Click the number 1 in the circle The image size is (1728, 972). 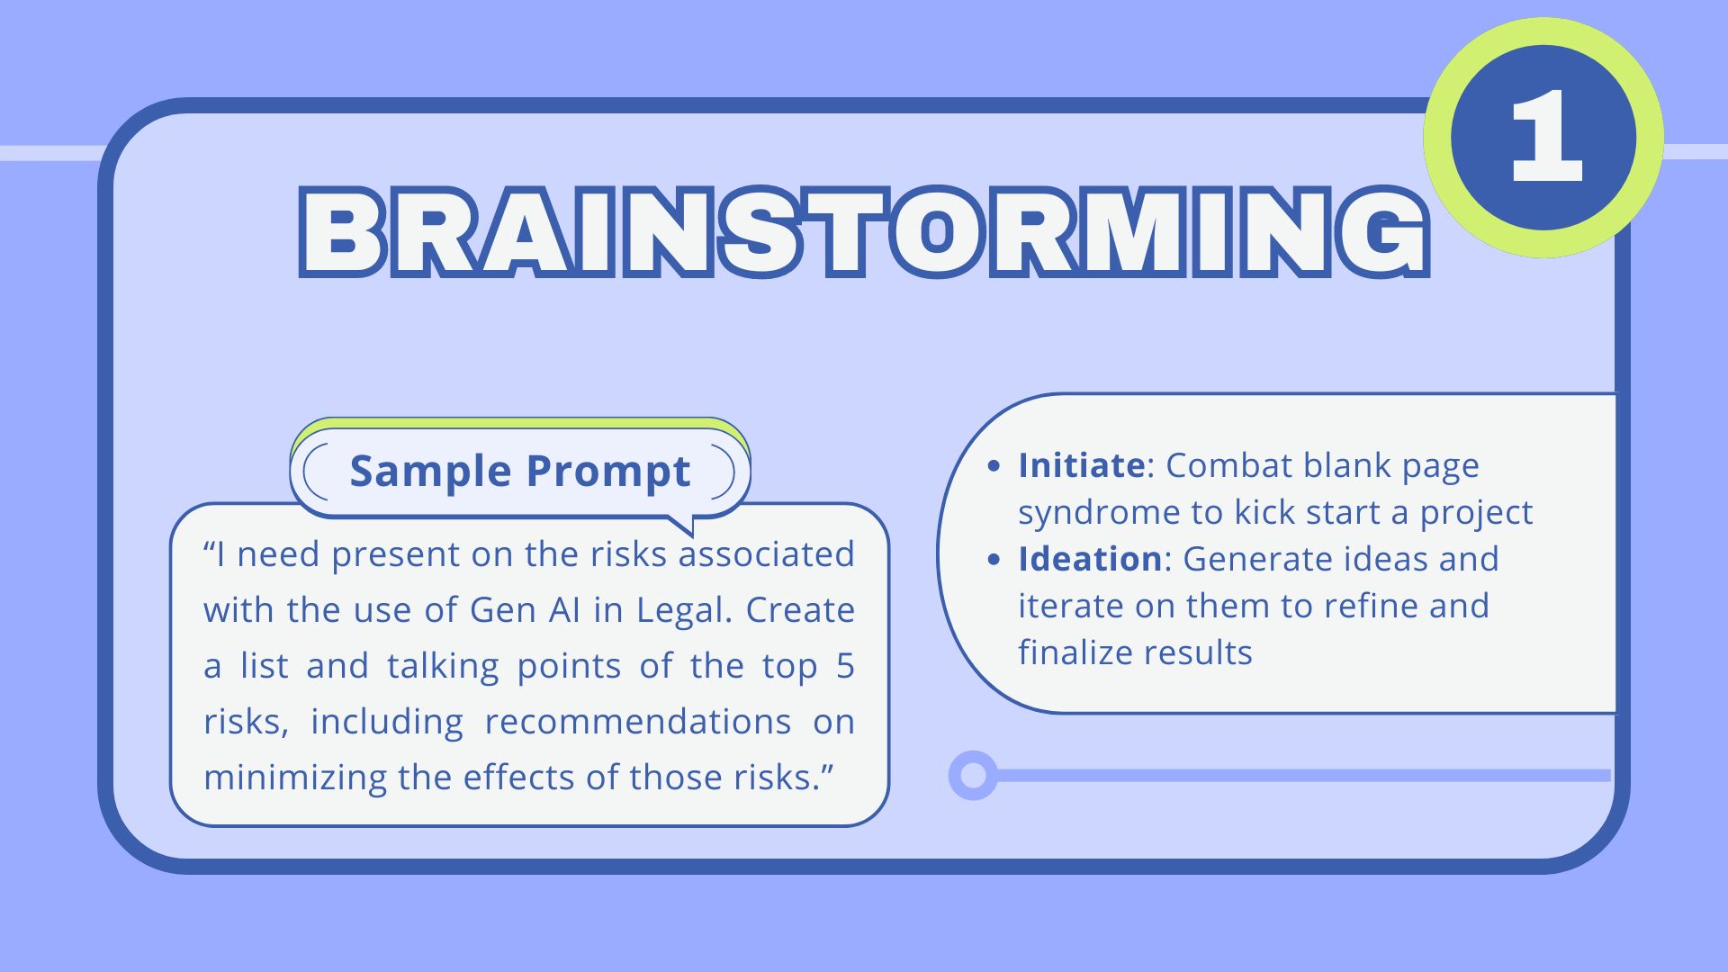[x=1545, y=138]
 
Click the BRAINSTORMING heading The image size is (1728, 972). [x=865, y=231]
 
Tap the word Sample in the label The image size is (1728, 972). [x=430, y=471]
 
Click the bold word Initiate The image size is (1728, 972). [x=1081, y=465]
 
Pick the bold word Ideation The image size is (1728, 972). [x=1090, y=559]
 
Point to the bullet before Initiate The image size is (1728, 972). [x=994, y=466]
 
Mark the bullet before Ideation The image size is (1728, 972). [x=994, y=560]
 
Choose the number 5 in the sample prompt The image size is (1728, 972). [x=845, y=666]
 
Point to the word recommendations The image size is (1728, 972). [x=638, y=722]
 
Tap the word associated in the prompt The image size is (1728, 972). [x=766, y=554]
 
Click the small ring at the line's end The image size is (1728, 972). [x=973, y=775]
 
